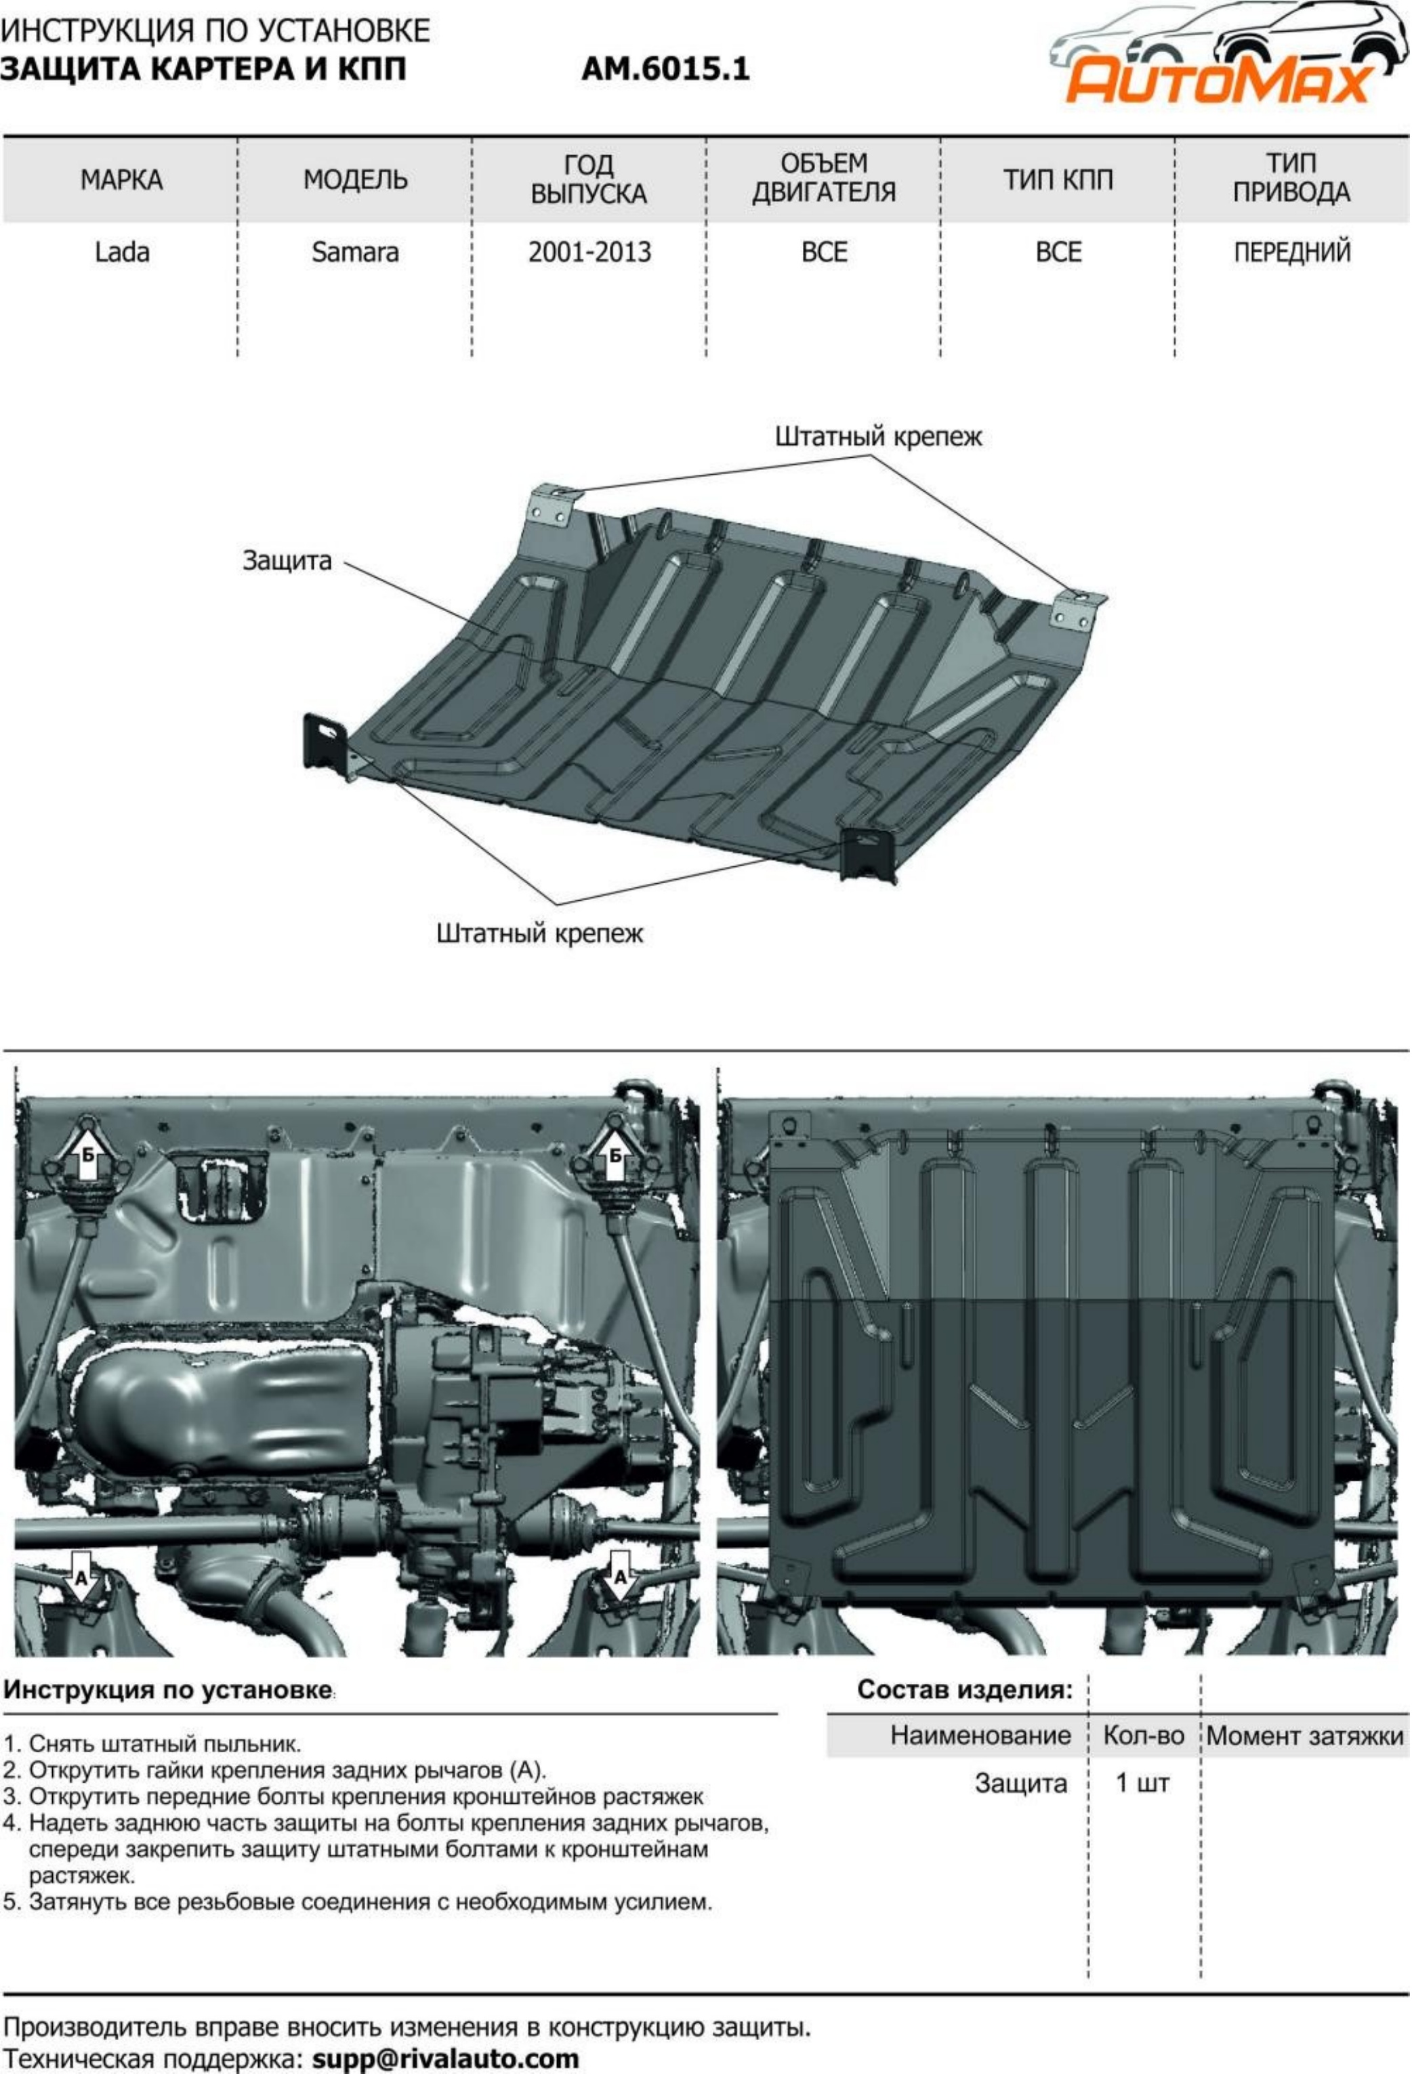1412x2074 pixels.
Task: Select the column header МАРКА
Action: [121, 180]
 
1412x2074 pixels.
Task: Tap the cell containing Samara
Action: [355, 253]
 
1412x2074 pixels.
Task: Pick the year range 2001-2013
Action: [589, 253]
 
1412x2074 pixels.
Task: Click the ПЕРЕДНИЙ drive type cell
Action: [1291, 253]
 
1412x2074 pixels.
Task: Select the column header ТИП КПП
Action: [1058, 180]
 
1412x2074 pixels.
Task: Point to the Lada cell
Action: [121, 253]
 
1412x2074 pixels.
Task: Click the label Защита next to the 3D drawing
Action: [287, 562]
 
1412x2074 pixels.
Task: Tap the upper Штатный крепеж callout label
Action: [877, 438]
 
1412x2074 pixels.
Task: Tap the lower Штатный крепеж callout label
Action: [539, 934]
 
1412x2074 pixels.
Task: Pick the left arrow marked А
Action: [81, 1576]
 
